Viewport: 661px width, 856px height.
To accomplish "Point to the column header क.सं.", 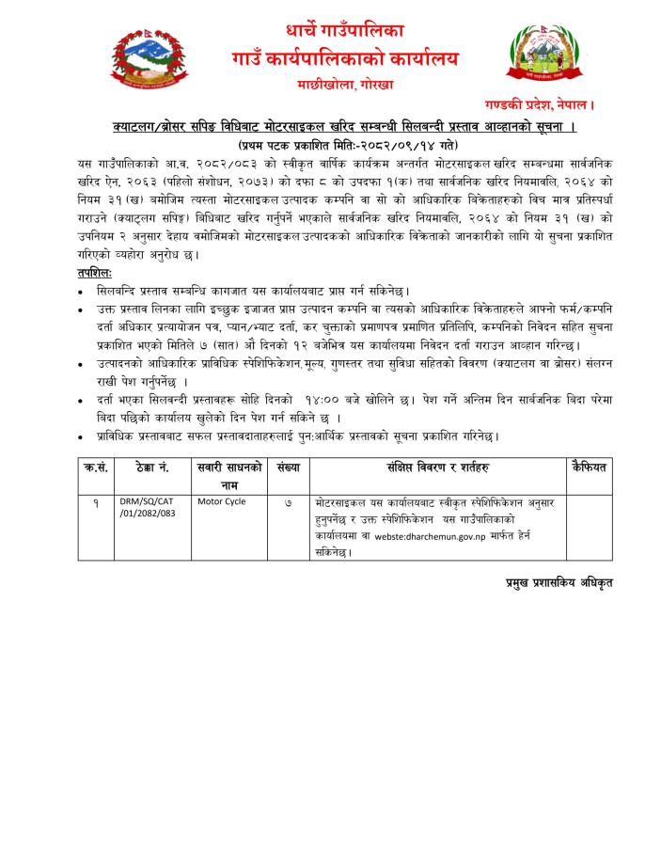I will click(95, 468).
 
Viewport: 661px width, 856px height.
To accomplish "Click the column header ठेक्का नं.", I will click(153, 468).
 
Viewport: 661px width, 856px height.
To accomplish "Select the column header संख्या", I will click(288, 468).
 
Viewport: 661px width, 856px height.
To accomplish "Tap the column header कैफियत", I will click(590, 468).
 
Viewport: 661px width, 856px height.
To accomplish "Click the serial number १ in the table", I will click(96, 503).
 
